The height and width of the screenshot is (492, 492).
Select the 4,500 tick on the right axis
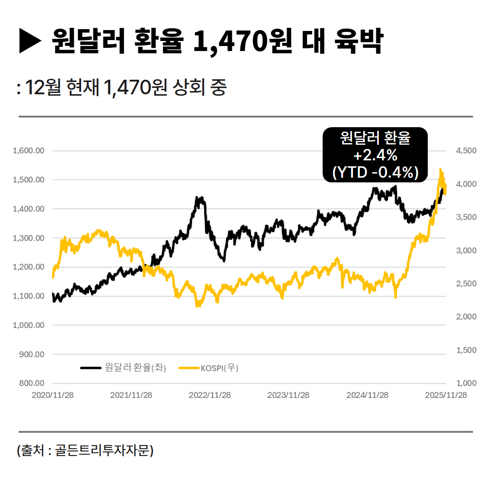point(465,151)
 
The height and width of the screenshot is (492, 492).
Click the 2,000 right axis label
point(465,317)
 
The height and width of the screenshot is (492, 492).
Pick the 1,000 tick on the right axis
point(465,383)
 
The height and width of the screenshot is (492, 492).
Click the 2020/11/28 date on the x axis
point(52,395)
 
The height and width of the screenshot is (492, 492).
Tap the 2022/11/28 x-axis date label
point(210,395)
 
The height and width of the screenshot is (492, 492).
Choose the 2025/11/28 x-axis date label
point(446,395)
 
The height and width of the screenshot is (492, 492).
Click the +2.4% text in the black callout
point(375,155)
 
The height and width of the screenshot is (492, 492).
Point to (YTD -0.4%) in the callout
point(375,172)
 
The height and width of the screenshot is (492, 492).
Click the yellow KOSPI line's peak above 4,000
point(441,170)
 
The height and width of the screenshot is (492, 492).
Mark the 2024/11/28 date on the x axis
point(367,395)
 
